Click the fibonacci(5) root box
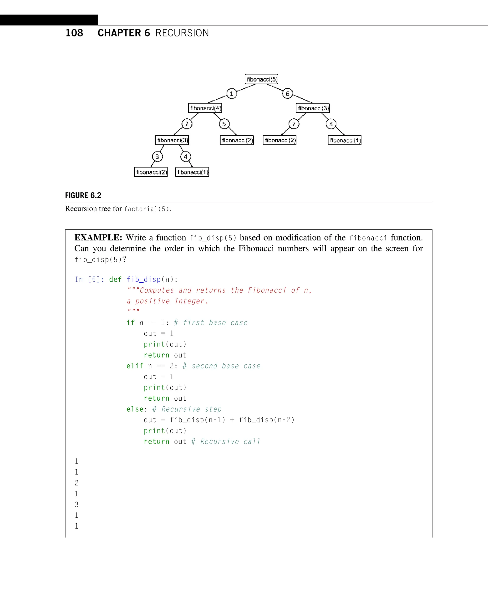[261, 79]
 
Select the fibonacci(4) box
[205, 108]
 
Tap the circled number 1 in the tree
[232, 94]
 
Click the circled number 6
[287, 94]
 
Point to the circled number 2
[187, 124]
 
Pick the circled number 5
[224, 124]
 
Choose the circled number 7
[294, 124]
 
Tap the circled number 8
[331, 124]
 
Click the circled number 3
[158, 157]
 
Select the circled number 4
[186, 157]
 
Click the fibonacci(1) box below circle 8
[345, 140]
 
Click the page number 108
[74, 33]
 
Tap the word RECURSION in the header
[182, 33]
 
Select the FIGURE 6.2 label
[83, 195]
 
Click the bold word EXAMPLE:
[98, 238]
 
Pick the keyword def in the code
[115, 280]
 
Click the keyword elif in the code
[135, 366]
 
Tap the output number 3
[76, 505]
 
